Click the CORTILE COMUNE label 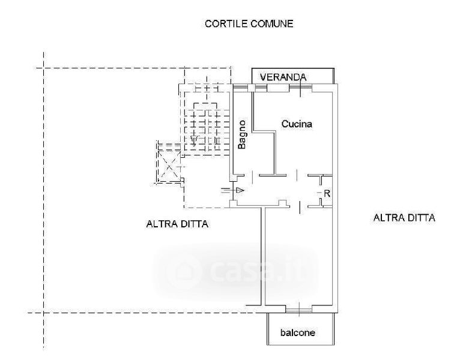[x=249, y=24]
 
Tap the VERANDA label [x=283, y=77]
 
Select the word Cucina [x=297, y=124]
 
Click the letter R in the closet [x=327, y=193]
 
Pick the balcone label [x=297, y=332]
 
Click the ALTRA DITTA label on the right [x=404, y=218]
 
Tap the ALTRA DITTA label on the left [x=177, y=224]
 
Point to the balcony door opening [x=298, y=309]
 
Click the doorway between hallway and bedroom [x=298, y=206]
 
